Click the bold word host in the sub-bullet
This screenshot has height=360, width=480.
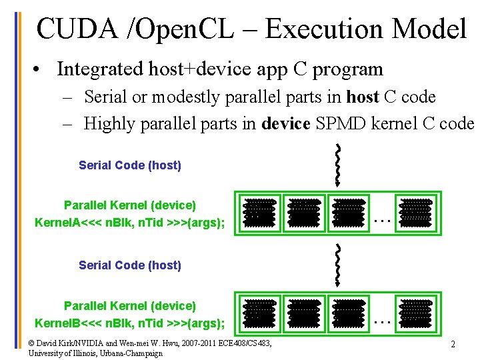(361, 97)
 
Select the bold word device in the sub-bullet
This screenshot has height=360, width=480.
(283, 123)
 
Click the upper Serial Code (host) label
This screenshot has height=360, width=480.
(130, 165)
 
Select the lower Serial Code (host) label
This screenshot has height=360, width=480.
(130, 265)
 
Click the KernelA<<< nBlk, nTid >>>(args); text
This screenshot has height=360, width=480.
(130, 223)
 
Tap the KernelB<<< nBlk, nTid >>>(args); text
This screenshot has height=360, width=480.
(130, 323)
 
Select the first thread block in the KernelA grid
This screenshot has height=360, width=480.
(259, 212)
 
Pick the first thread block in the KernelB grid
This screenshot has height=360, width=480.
(259, 313)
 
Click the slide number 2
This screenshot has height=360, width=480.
(453, 345)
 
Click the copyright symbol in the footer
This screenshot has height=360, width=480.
(33, 343)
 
